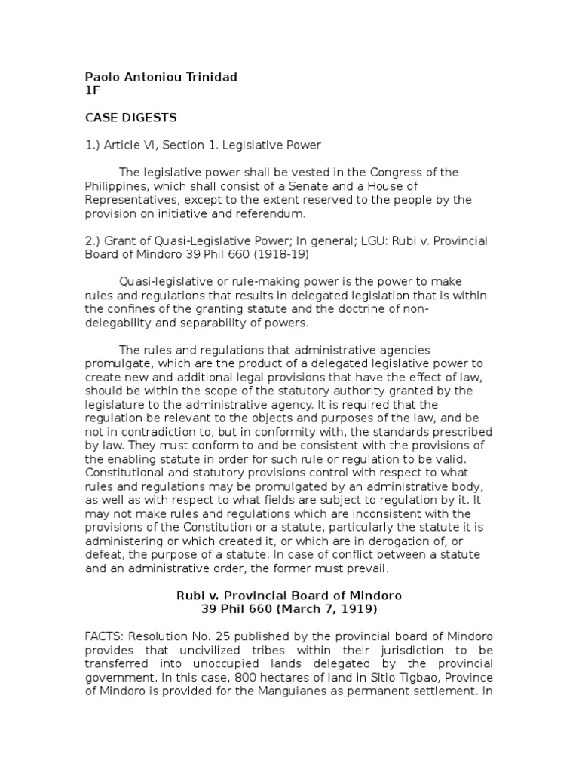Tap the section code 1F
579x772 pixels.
[91, 90]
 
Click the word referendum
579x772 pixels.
[268, 213]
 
